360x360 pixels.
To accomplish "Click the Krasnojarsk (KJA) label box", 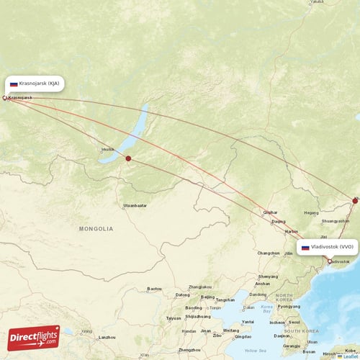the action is click(x=35, y=84).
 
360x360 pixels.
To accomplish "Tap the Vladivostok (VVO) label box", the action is click(x=327, y=247).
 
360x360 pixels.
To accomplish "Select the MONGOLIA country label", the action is click(x=96, y=228).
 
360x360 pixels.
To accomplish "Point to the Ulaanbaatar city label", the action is click(x=135, y=205).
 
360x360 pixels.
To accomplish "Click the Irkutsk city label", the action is click(x=108, y=150).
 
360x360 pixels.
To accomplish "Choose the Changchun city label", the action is click(x=269, y=253).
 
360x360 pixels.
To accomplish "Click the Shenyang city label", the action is click(x=267, y=276).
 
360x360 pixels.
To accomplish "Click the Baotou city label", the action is click(x=155, y=289).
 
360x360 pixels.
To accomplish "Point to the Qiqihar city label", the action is click(x=270, y=212).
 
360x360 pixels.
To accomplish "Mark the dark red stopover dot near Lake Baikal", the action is click(x=128, y=158).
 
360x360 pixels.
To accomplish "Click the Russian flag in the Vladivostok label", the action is click(x=305, y=247).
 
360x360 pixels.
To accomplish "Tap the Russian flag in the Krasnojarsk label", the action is click(x=14, y=84).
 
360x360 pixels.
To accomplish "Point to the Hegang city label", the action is click(x=311, y=212).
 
